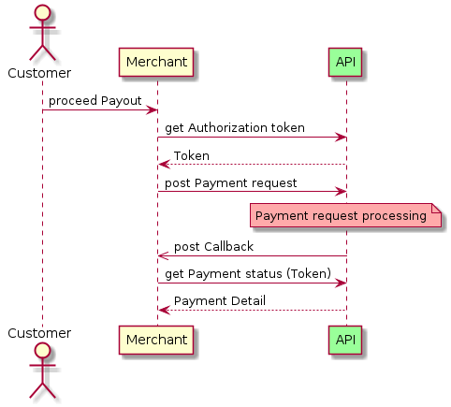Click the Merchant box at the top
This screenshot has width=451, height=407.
[156, 62]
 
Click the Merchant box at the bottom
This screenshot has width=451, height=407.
[156, 342]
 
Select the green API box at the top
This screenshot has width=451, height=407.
[345, 62]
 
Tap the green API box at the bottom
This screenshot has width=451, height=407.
[345, 342]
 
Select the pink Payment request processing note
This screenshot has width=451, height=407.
[347, 217]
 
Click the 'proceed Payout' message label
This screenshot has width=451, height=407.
[95, 100]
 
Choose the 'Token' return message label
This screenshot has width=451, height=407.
[191, 155]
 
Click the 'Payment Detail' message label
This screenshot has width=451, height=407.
[219, 300]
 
